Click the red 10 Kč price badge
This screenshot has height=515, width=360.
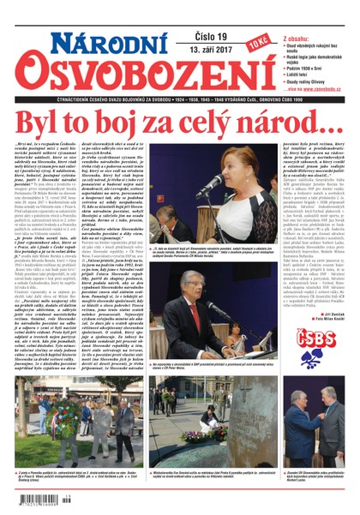(257, 40)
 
